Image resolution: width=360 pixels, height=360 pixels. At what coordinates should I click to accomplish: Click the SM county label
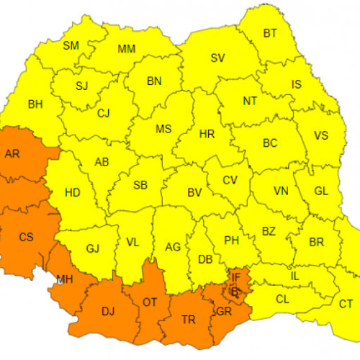[x=71, y=45]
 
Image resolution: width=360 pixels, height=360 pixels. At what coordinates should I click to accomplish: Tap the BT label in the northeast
[x=270, y=33]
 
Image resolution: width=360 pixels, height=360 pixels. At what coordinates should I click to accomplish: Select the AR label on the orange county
[x=12, y=154]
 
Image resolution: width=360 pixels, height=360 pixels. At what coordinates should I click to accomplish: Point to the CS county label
[x=26, y=237]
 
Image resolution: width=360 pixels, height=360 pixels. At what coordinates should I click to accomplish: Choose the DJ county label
[x=107, y=312]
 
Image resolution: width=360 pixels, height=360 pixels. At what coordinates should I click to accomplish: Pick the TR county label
[x=188, y=319]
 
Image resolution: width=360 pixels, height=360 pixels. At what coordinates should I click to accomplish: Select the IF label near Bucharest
[x=235, y=276]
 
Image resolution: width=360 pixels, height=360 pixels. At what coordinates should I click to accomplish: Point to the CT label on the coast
[x=346, y=305]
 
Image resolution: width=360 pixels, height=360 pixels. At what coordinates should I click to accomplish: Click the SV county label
[x=217, y=58]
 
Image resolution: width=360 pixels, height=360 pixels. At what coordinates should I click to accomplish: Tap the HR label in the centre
[x=207, y=135]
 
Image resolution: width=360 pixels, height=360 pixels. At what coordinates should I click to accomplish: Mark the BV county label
[x=194, y=193]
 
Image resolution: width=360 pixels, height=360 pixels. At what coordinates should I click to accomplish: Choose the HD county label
[x=72, y=193]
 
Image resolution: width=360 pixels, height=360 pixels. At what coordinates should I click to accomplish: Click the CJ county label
[x=104, y=112]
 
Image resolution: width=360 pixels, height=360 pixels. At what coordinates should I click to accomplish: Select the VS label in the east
[x=320, y=135]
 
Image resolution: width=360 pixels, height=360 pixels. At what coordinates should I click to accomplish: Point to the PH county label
[x=231, y=240]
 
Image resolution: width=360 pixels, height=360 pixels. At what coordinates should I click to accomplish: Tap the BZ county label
[x=269, y=231]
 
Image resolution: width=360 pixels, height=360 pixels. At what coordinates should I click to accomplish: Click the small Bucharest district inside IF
[x=234, y=292]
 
